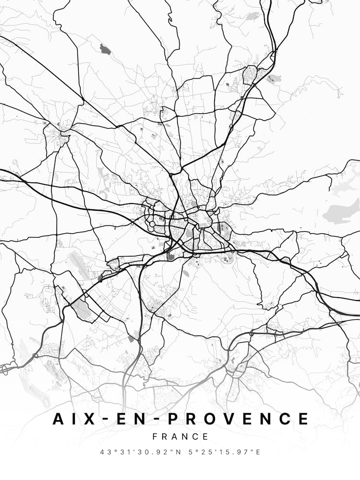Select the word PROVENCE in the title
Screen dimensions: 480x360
click(238, 419)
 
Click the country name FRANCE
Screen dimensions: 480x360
click(180, 437)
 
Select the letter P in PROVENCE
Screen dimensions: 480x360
click(174, 419)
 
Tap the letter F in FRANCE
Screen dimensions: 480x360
click(155, 437)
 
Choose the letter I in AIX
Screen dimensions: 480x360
click(72, 419)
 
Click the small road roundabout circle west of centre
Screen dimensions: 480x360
click(152, 224)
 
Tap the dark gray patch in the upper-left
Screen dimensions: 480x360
click(104, 48)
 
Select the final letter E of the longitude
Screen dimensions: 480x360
click(258, 452)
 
